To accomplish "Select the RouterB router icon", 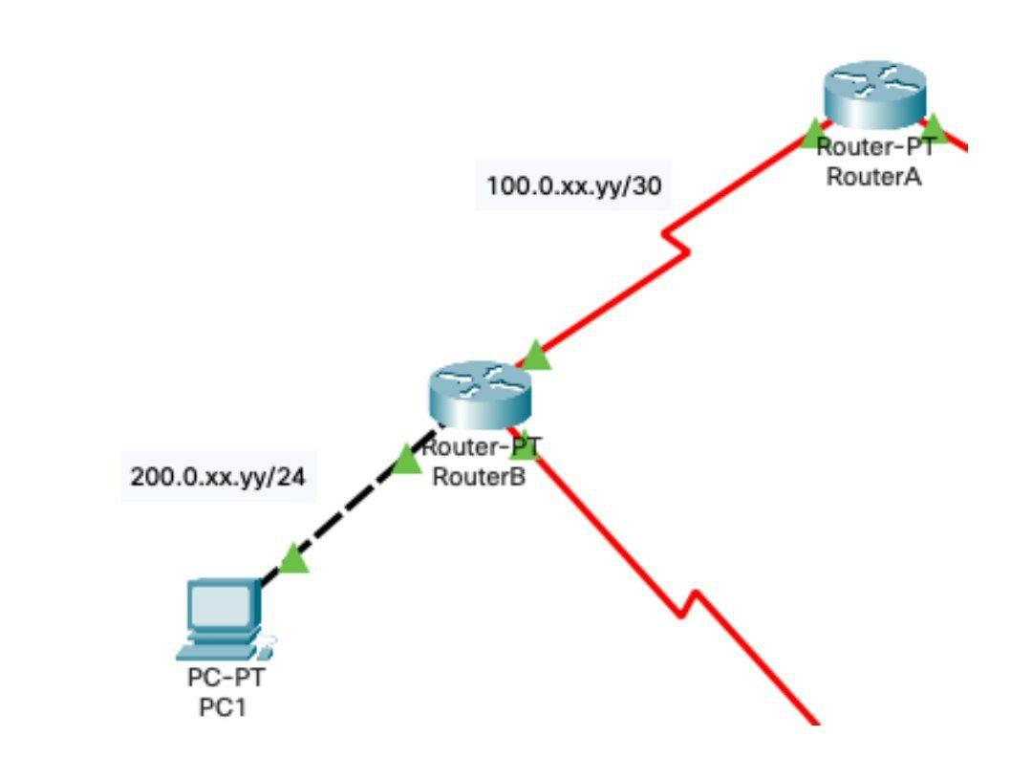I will pyautogui.click(x=478, y=394).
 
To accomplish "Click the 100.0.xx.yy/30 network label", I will pyautogui.click(x=573, y=186).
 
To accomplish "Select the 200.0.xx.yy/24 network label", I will pyautogui.click(x=218, y=478).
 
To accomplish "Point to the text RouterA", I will pyautogui.click(x=873, y=176).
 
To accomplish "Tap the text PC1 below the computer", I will pyautogui.click(x=222, y=708).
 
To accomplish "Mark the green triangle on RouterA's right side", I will pyautogui.click(x=934, y=126).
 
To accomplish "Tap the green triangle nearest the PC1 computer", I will pyautogui.click(x=294, y=559).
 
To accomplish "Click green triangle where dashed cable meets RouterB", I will pyautogui.click(x=408, y=460).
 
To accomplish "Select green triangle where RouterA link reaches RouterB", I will pyautogui.click(x=536, y=357).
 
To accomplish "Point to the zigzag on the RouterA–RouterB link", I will pyautogui.click(x=675, y=241).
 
